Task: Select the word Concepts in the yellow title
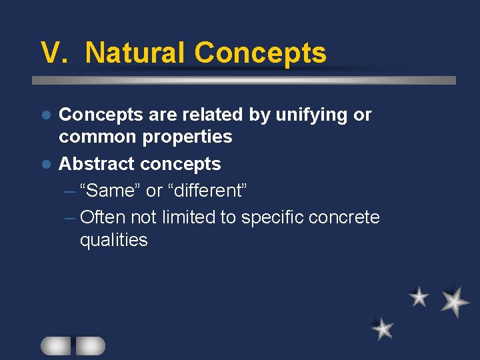[260, 53]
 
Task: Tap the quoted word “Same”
[109, 191]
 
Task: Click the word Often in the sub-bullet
[103, 217]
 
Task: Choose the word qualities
[113, 240]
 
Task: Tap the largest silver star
[455, 301]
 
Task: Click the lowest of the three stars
[383, 328]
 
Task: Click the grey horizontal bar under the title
[244, 80]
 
